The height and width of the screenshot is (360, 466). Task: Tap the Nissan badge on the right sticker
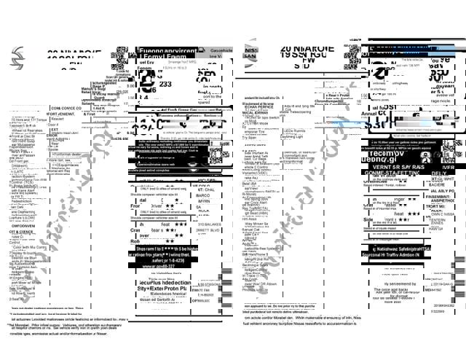click(x=250, y=50)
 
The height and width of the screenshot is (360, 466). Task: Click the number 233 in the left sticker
click(x=165, y=85)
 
